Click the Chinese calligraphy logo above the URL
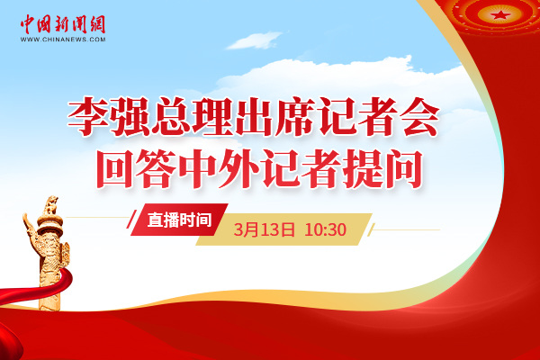tap(63, 24)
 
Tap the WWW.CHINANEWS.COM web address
tap(63, 40)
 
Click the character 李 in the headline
tap(87, 117)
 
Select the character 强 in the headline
tap(129, 117)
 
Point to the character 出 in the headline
tap(254, 117)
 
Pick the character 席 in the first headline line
tap(295, 117)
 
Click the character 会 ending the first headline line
tap(420, 117)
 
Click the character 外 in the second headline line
tap(239, 169)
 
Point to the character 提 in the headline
tap(364, 169)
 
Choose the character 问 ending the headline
tap(404, 169)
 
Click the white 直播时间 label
tap(179, 220)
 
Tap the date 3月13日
tap(264, 229)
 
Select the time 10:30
tap(326, 229)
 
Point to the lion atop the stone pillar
tap(51, 205)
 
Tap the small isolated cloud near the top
tap(254, 40)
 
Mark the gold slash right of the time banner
tap(371, 229)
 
